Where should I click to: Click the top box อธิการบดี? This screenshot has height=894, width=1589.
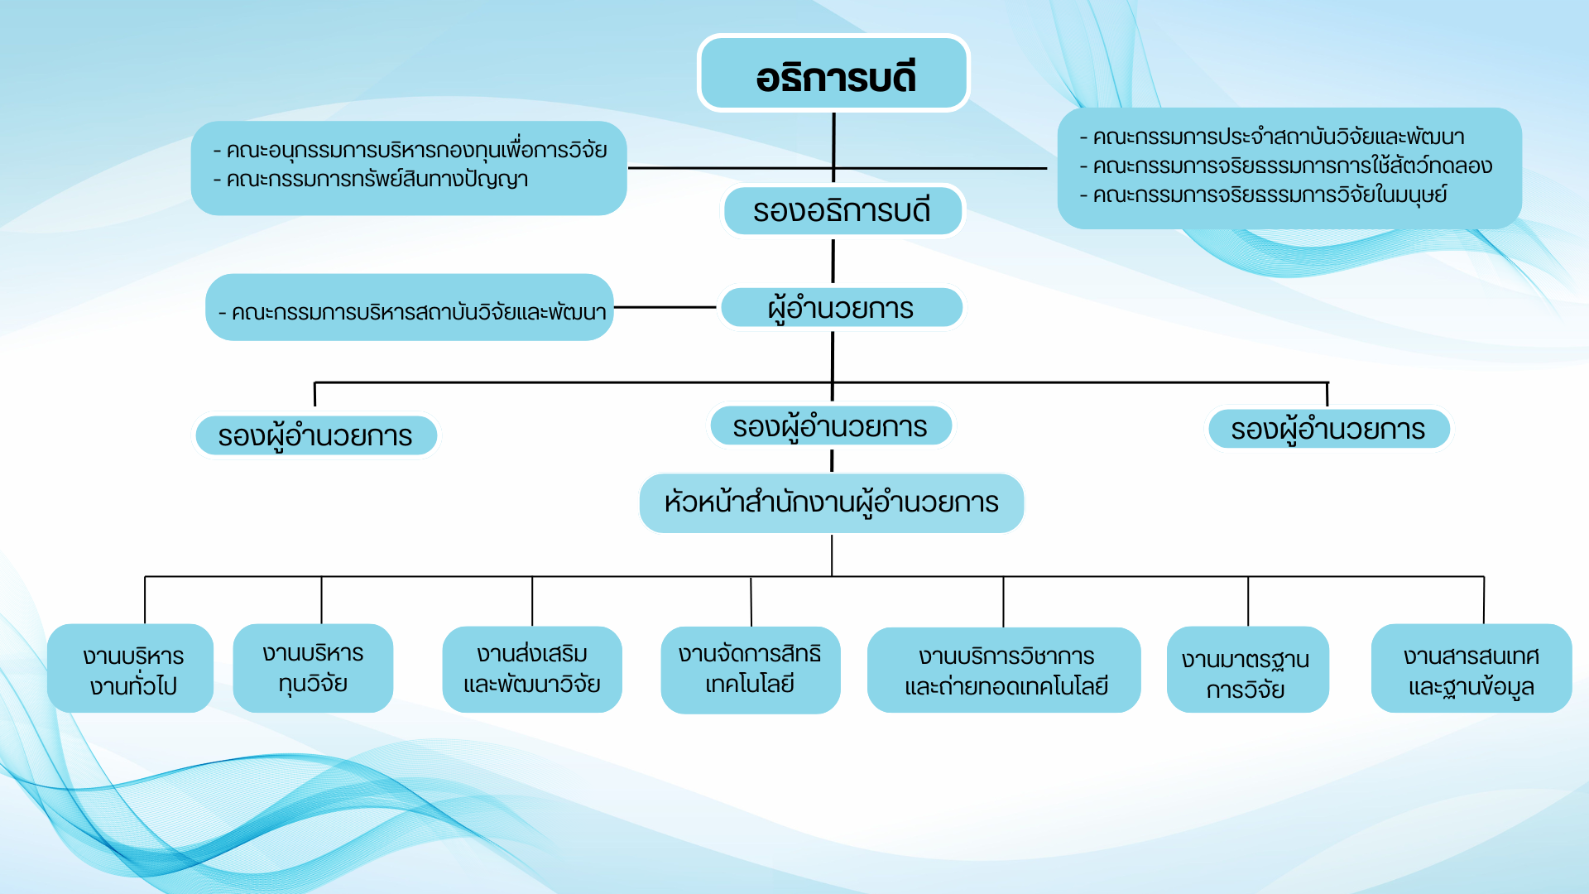tap(833, 74)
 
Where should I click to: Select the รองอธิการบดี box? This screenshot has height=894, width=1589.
tap(841, 210)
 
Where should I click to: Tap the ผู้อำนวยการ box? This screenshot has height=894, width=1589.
tap(841, 308)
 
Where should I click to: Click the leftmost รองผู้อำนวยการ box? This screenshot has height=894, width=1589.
tap(315, 435)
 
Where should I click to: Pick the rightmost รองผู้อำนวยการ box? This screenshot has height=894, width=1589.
tap(1327, 429)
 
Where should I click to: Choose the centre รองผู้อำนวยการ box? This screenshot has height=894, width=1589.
tap(830, 426)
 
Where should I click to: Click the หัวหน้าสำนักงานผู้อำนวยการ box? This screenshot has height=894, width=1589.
tap(831, 502)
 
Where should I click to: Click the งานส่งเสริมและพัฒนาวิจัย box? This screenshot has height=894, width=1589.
tap(532, 669)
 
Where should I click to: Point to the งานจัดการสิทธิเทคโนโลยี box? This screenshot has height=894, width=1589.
tap(750, 669)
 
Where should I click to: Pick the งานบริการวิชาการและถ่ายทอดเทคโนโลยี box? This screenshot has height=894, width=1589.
tap(1004, 670)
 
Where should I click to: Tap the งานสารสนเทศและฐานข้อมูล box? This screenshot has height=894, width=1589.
tap(1471, 669)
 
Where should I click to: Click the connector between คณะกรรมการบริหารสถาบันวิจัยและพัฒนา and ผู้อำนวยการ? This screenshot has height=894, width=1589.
tap(665, 307)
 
